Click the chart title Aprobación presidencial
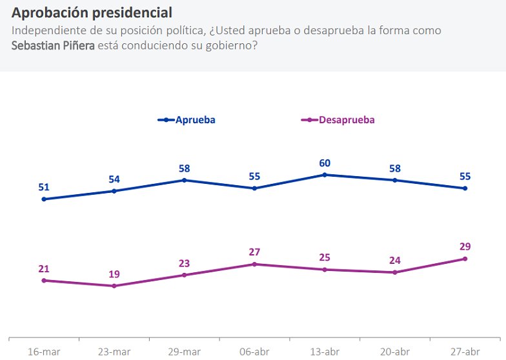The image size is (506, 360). coord(92,13)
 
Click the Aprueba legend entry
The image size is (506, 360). coord(187,120)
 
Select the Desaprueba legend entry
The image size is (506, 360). coord(339,120)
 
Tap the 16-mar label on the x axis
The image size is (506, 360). coord(44,352)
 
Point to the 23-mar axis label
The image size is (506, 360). coord(114,352)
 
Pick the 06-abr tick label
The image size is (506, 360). coord(254,352)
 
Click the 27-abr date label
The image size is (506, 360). coord(465,352)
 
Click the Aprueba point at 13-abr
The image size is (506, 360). coord(325,175)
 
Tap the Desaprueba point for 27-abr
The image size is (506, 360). coord(465,259)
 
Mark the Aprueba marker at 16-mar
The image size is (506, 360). coord(44,199)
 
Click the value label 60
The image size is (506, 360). coord(325,163)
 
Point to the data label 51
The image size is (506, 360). coord(44,187)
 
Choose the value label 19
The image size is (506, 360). coord(114,274)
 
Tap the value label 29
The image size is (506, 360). coord(465,246)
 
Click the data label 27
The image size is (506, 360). coord(254,252)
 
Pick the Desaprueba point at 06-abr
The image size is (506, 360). coord(254,265)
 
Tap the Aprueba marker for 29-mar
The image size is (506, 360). coord(185,180)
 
